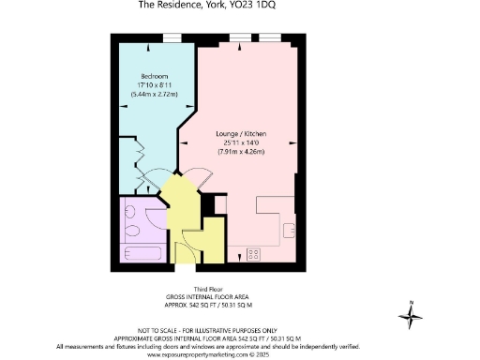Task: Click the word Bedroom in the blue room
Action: click(154, 75)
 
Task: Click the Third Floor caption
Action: click(207, 289)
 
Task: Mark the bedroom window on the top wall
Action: click(172, 37)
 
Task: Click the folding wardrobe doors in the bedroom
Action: click(143, 159)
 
